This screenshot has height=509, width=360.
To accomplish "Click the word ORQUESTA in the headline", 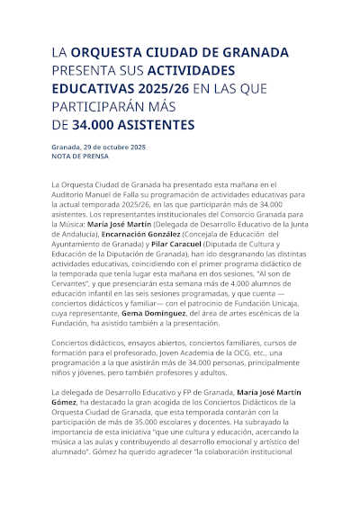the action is (x=104, y=53).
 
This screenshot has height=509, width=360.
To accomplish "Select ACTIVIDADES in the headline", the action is (x=191, y=70).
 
